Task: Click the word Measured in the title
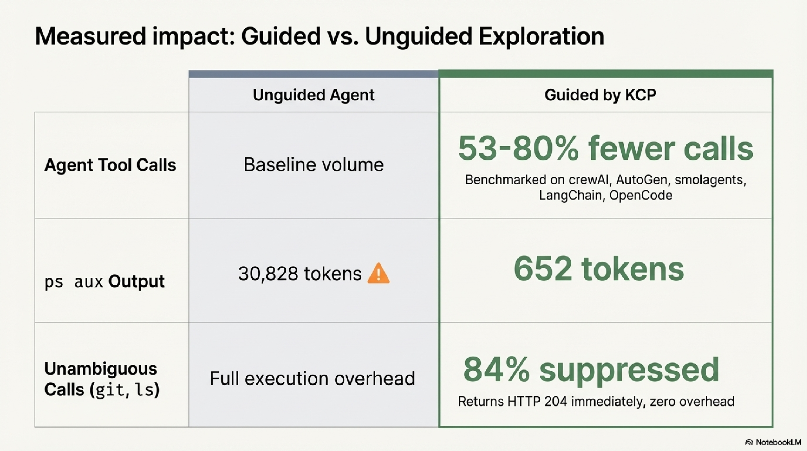tap(91, 36)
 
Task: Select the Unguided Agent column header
tap(314, 95)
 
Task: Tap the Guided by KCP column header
tap(600, 95)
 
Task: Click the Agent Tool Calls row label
tap(110, 165)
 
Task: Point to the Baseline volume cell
tap(314, 165)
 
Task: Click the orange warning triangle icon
tap(378, 273)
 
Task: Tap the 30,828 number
tap(268, 273)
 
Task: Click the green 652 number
tap(543, 269)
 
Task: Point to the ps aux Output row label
tap(104, 281)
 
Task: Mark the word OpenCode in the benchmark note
tap(641, 195)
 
